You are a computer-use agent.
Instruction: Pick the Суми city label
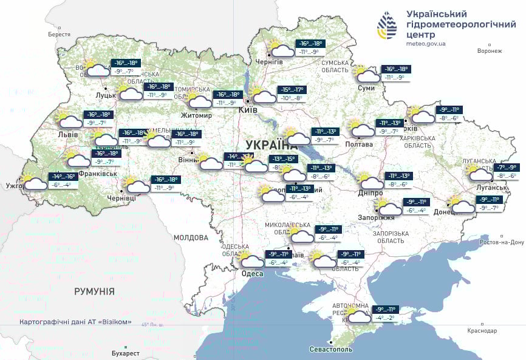[366, 88]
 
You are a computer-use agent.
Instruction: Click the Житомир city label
[196, 115]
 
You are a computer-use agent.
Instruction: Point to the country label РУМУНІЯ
[94, 291]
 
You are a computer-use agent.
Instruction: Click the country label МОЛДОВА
[191, 237]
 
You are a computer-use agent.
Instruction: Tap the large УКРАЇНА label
[272, 144]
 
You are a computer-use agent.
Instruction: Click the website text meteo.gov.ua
[426, 44]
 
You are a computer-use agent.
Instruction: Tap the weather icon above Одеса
[251, 260]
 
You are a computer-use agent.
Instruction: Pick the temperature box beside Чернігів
[310, 48]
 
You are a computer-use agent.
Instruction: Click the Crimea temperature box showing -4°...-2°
[388, 317]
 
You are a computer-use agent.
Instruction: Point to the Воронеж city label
[490, 51]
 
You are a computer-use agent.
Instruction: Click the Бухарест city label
[126, 353]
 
